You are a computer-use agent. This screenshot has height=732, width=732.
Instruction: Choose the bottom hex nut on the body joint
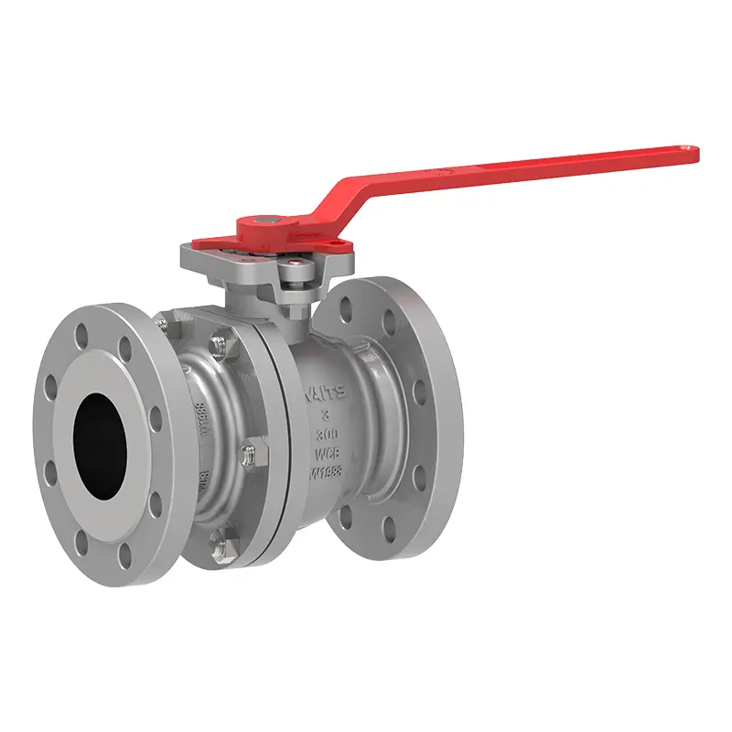point(220,547)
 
